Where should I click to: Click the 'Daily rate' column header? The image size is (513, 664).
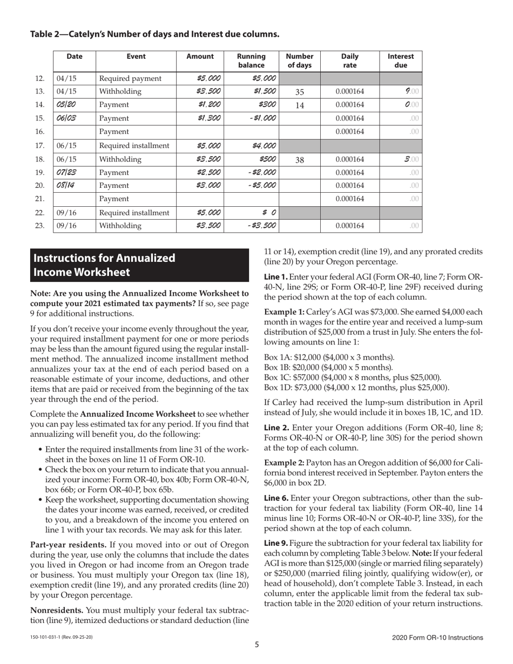click(350, 60)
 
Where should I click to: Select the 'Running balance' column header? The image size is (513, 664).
click(251, 60)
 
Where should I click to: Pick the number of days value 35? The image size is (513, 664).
click(300, 92)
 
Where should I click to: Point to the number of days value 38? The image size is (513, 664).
click(300, 159)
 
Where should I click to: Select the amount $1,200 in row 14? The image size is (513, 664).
click(208, 105)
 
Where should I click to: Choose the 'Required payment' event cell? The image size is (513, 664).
click(130, 78)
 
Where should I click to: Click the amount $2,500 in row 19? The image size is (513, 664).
click(208, 173)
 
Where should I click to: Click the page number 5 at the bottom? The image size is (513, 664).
click(257, 643)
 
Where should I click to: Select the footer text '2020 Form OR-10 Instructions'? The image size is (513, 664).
click(437, 638)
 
